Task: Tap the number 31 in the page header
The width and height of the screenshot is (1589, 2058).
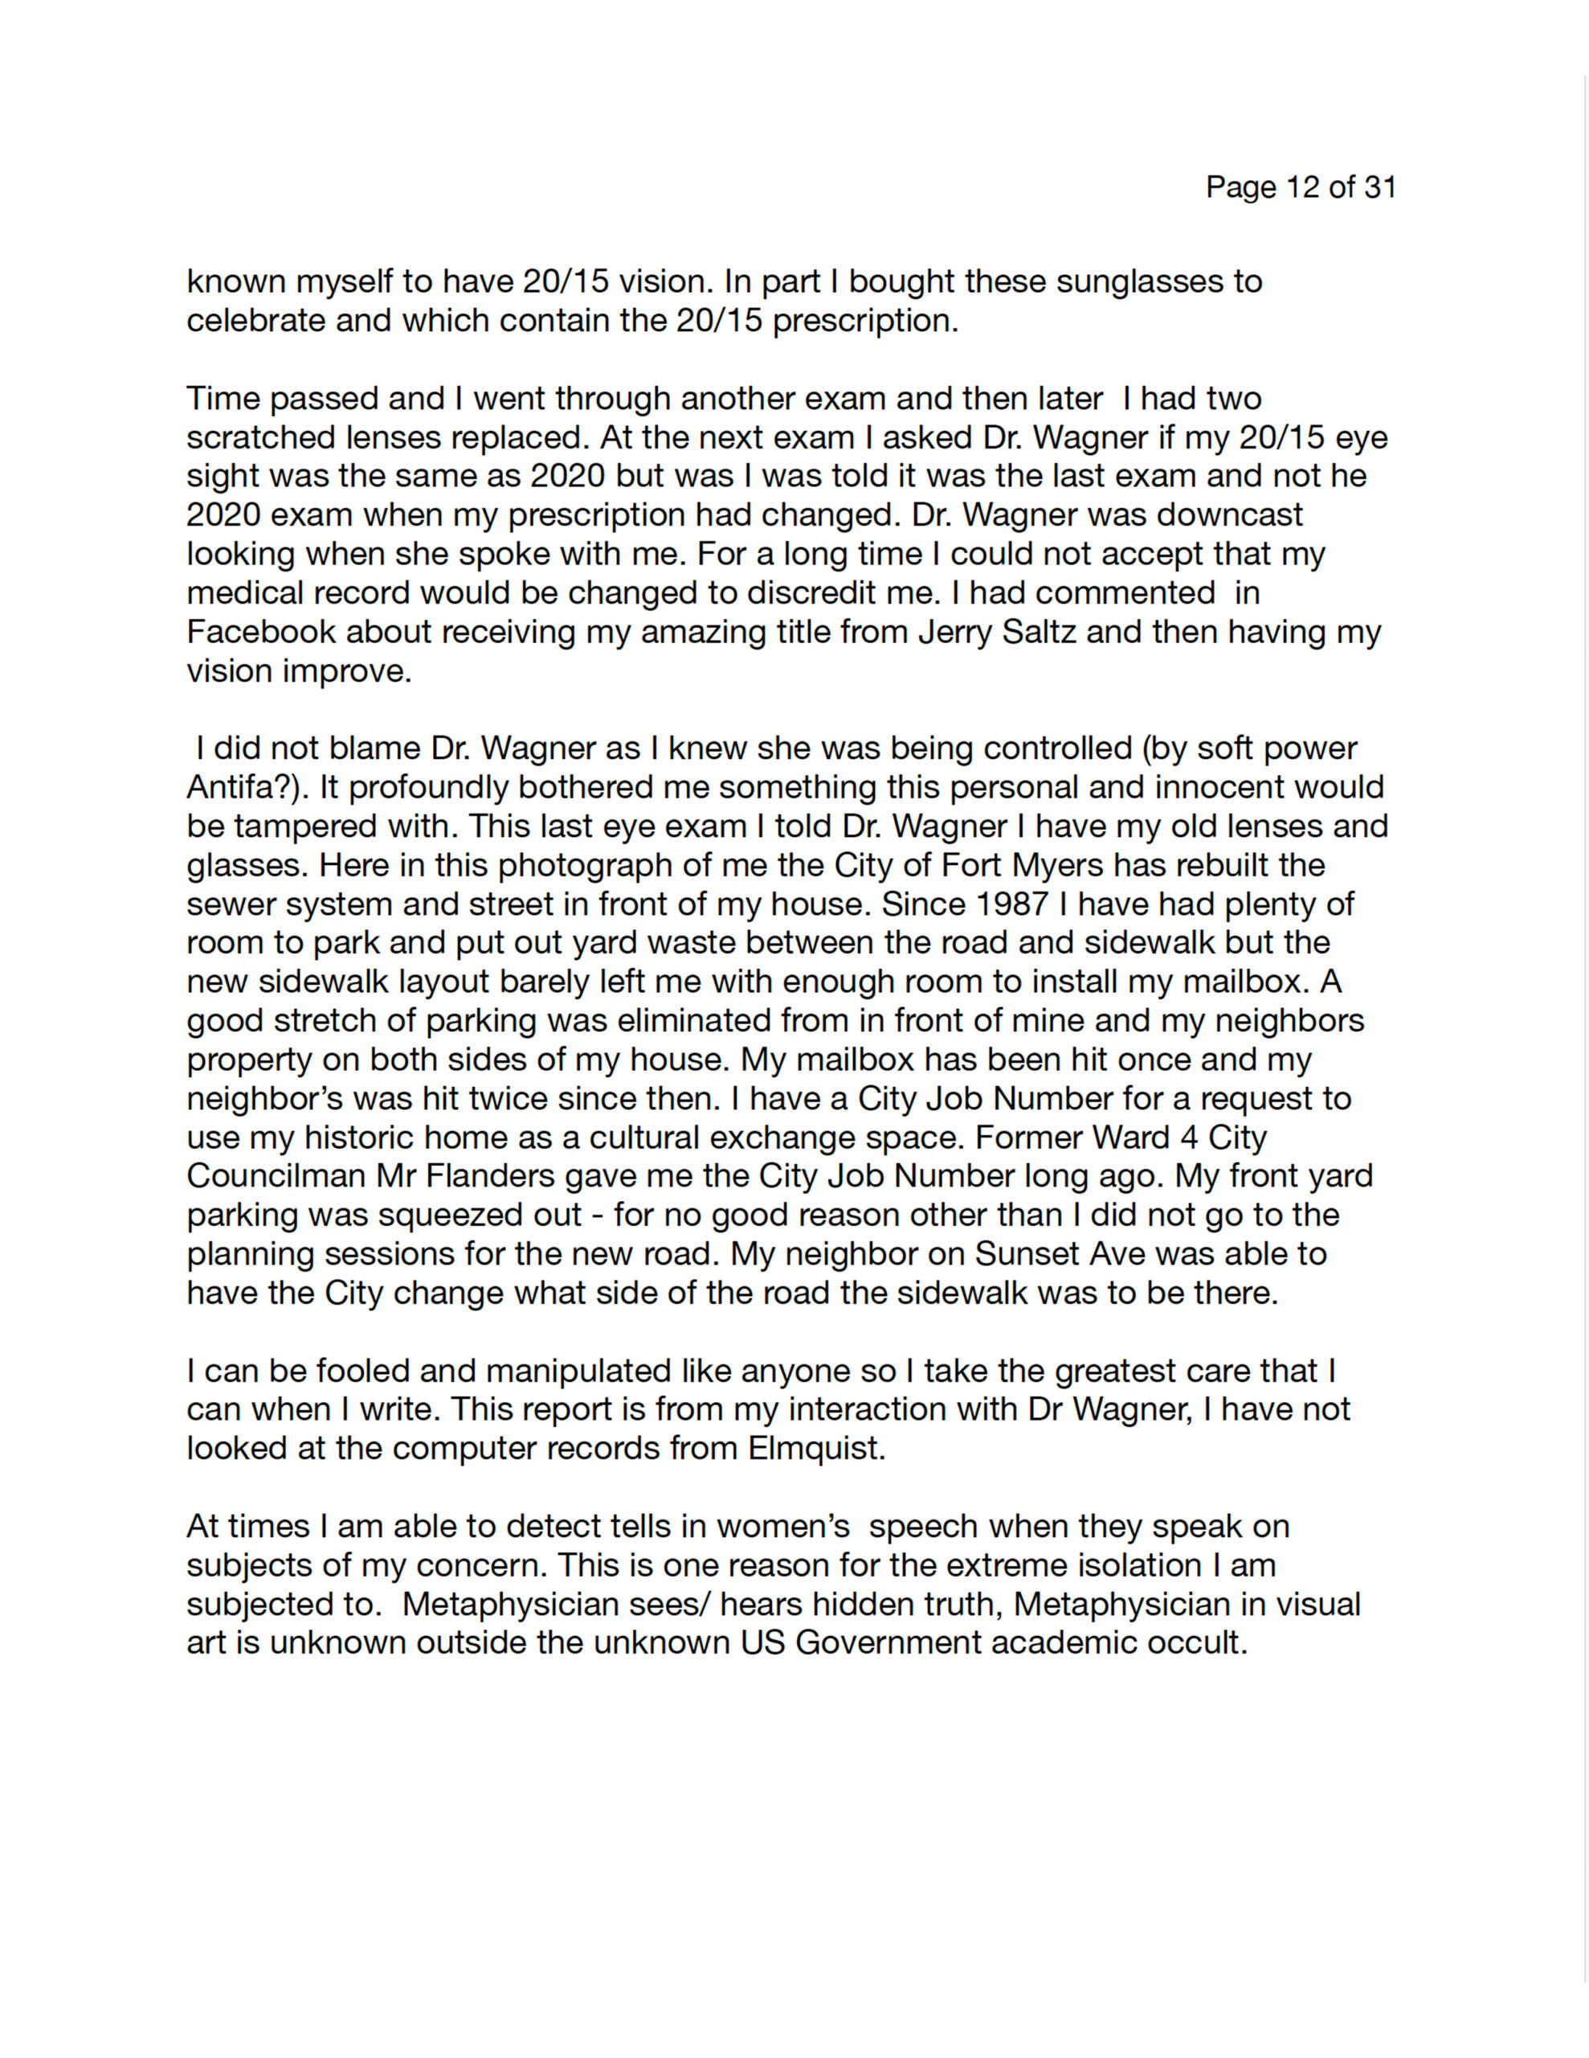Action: (1379, 187)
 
